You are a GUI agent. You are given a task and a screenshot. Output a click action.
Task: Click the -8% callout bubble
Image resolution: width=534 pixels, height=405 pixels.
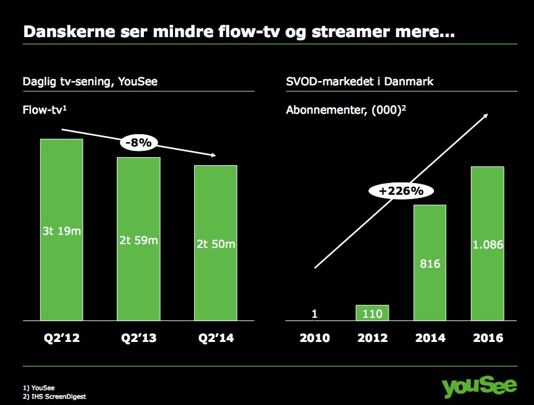[138, 142]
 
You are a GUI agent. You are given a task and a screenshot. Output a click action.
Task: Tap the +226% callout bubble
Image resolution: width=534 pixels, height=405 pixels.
[401, 190]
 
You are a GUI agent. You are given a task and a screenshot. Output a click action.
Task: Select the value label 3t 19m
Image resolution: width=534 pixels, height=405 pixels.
[62, 231]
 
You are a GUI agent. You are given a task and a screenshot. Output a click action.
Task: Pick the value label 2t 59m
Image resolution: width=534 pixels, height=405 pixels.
[138, 241]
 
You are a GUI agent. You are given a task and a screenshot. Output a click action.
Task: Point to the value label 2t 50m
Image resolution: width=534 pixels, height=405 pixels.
[216, 244]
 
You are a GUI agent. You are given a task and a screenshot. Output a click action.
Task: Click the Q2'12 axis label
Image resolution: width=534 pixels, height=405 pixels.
[62, 338]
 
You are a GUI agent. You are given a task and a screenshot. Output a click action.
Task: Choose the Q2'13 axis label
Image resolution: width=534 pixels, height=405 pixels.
[138, 338]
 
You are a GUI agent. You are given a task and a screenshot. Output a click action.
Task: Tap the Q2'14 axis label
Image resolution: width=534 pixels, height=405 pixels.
[216, 338]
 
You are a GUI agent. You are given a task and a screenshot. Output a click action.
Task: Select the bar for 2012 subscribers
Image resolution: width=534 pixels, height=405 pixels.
[372, 313]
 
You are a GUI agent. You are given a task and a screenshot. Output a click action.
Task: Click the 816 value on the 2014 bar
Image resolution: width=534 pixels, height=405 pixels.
[430, 263]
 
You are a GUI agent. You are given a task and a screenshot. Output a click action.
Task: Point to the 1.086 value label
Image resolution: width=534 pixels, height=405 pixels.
[488, 245]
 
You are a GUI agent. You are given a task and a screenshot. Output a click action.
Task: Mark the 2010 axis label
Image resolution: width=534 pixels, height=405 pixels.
[315, 338]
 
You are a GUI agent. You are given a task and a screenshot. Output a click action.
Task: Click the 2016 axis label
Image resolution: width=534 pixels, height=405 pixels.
[488, 338]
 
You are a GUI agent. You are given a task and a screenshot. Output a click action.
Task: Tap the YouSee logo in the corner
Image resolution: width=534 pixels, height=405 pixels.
[479, 386]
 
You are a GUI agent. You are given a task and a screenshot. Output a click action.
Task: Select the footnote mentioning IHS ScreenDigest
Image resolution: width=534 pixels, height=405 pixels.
[54, 396]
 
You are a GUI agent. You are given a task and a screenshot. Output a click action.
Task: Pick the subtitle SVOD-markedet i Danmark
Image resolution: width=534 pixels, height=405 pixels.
[360, 82]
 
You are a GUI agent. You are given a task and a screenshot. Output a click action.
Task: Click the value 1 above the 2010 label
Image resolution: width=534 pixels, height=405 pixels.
[315, 313]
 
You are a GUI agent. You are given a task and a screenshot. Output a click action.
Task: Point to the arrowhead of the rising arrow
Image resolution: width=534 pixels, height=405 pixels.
[486, 116]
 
